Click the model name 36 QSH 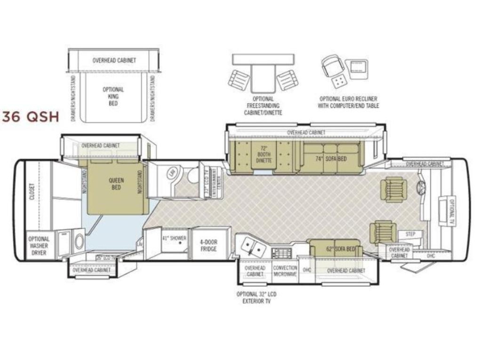point(31,116)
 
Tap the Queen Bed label point(116,184)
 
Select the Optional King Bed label point(113,96)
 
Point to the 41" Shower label point(174,238)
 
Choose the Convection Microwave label point(285,271)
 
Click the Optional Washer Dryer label point(39,246)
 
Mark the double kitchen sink point(252,245)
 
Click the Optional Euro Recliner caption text point(349,103)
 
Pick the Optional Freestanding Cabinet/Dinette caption point(263,106)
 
